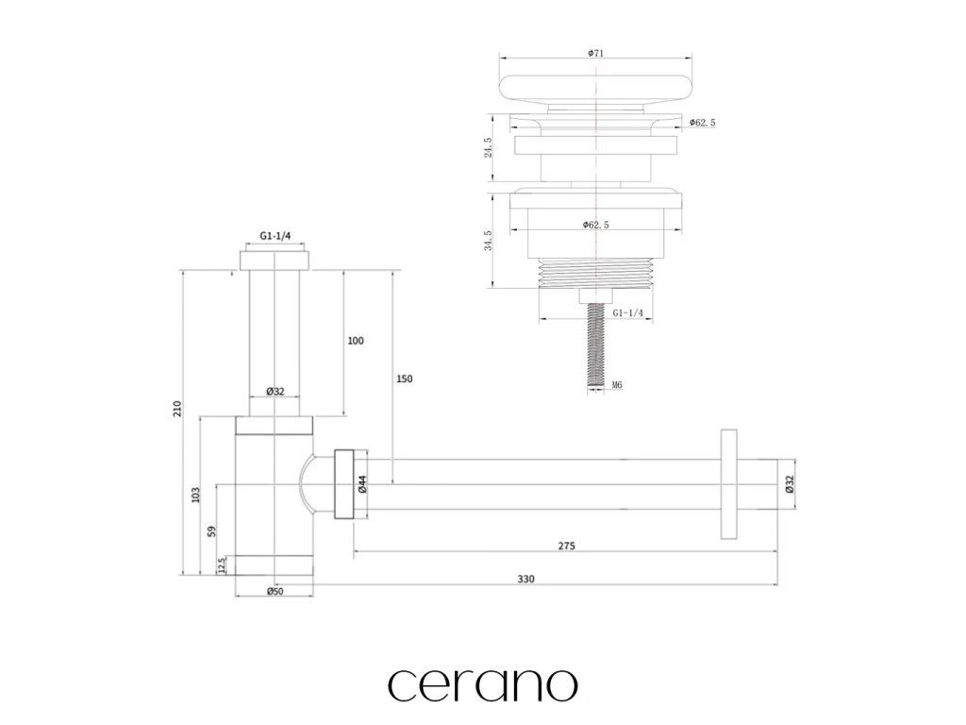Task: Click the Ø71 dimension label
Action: tap(595, 53)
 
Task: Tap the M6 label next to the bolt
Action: tap(617, 385)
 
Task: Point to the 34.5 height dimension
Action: tap(488, 241)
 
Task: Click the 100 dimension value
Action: tap(356, 341)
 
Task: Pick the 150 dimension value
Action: tap(404, 379)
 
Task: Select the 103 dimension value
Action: tap(195, 494)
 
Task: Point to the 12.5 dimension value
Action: tap(222, 565)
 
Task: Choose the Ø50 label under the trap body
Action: tap(275, 591)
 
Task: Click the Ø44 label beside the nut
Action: tap(362, 484)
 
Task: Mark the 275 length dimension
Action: tap(566, 546)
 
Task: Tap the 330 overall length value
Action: tap(526, 579)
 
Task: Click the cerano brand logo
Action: tap(482, 683)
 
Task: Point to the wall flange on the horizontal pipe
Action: tap(730, 484)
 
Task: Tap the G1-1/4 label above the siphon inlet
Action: tap(275, 238)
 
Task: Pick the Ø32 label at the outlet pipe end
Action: tap(790, 484)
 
